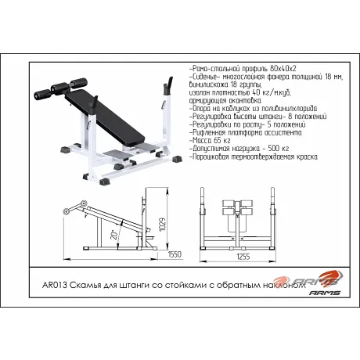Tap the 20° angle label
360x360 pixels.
tap(114, 235)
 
